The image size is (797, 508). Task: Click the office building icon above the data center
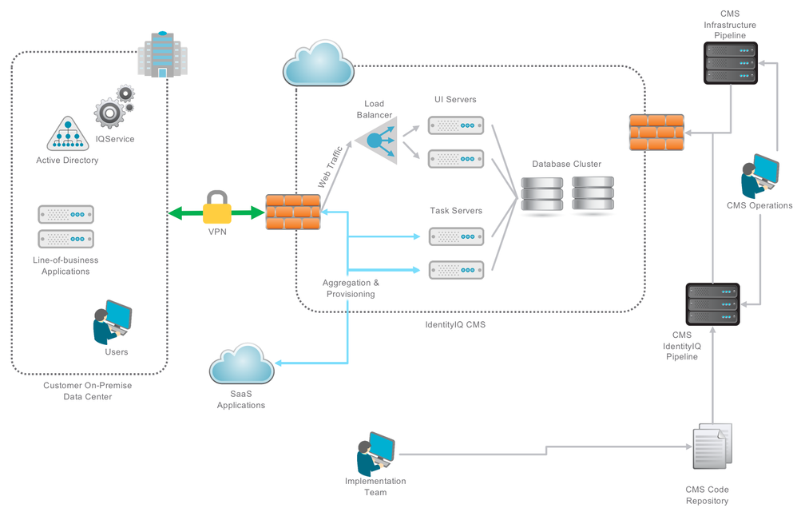162,55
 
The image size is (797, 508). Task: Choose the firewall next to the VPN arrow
291,212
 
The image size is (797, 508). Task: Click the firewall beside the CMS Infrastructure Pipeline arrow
656,133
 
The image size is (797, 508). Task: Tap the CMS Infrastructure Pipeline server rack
730,63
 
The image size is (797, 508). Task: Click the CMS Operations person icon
759,177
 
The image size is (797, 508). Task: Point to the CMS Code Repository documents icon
709,447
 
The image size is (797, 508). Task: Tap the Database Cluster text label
567,164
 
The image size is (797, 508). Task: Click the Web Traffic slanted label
330,166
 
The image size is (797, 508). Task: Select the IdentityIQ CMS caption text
456,325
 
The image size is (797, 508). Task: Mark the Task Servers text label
456,211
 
